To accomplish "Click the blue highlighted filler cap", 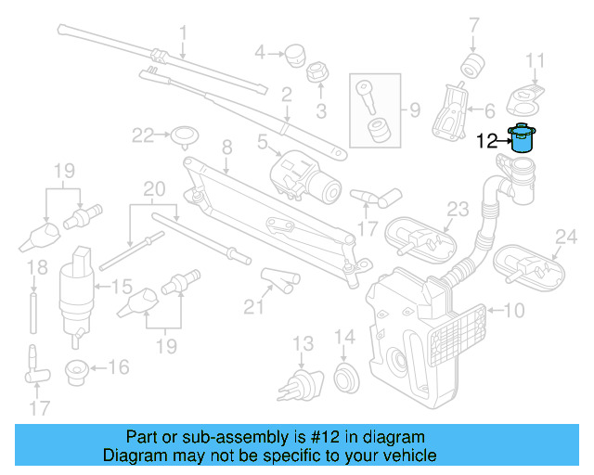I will tap(523, 138).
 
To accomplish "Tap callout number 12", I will tap(487, 142).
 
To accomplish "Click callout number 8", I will tap(226, 147).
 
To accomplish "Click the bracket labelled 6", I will tap(452, 111).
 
